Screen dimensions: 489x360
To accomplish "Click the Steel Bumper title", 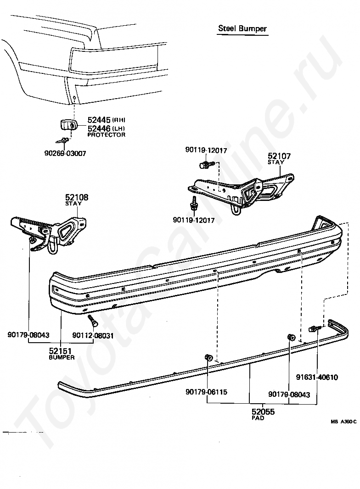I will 242,28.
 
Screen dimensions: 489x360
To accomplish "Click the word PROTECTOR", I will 106,135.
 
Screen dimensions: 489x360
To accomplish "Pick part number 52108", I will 77,198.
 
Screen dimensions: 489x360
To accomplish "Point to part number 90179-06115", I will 207,392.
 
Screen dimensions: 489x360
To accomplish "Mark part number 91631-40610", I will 317,378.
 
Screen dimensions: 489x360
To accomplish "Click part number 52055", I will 263,411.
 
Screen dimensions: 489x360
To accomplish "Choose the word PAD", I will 258,418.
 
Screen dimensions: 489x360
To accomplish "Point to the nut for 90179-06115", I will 207,357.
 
